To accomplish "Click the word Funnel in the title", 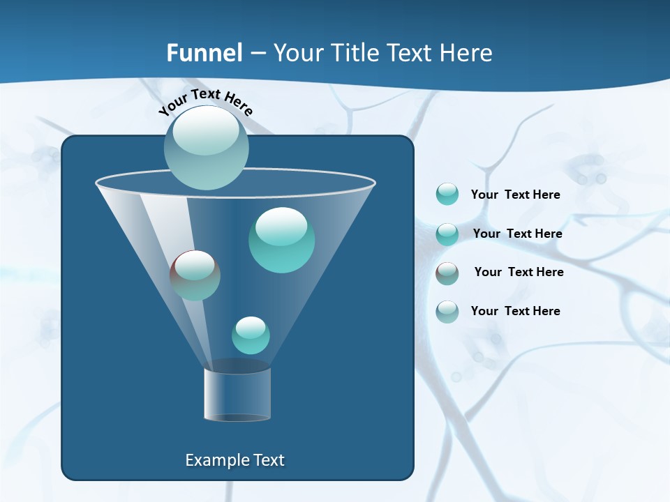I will click(x=204, y=53).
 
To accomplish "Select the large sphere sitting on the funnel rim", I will click(x=206, y=148).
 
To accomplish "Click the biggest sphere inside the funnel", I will click(x=281, y=241).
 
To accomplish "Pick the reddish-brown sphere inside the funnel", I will click(x=195, y=275).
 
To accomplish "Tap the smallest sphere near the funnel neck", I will click(x=251, y=335).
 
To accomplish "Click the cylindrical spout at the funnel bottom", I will click(x=237, y=393).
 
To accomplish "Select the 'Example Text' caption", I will click(x=235, y=460).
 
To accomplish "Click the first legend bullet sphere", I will click(x=447, y=195).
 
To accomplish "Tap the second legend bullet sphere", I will click(x=447, y=234).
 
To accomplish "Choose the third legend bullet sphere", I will click(x=447, y=273).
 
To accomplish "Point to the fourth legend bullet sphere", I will click(x=447, y=312).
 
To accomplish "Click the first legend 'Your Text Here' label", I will click(x=516, y=195).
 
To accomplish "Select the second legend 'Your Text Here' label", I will click(x=518, y=234).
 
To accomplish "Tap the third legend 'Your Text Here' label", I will click(x=519, y=272).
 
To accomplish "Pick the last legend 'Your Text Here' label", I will click(x=516, y=311).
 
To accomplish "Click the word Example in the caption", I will click(x=214, y=460).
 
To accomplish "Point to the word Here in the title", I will click(x=466, y=53).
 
